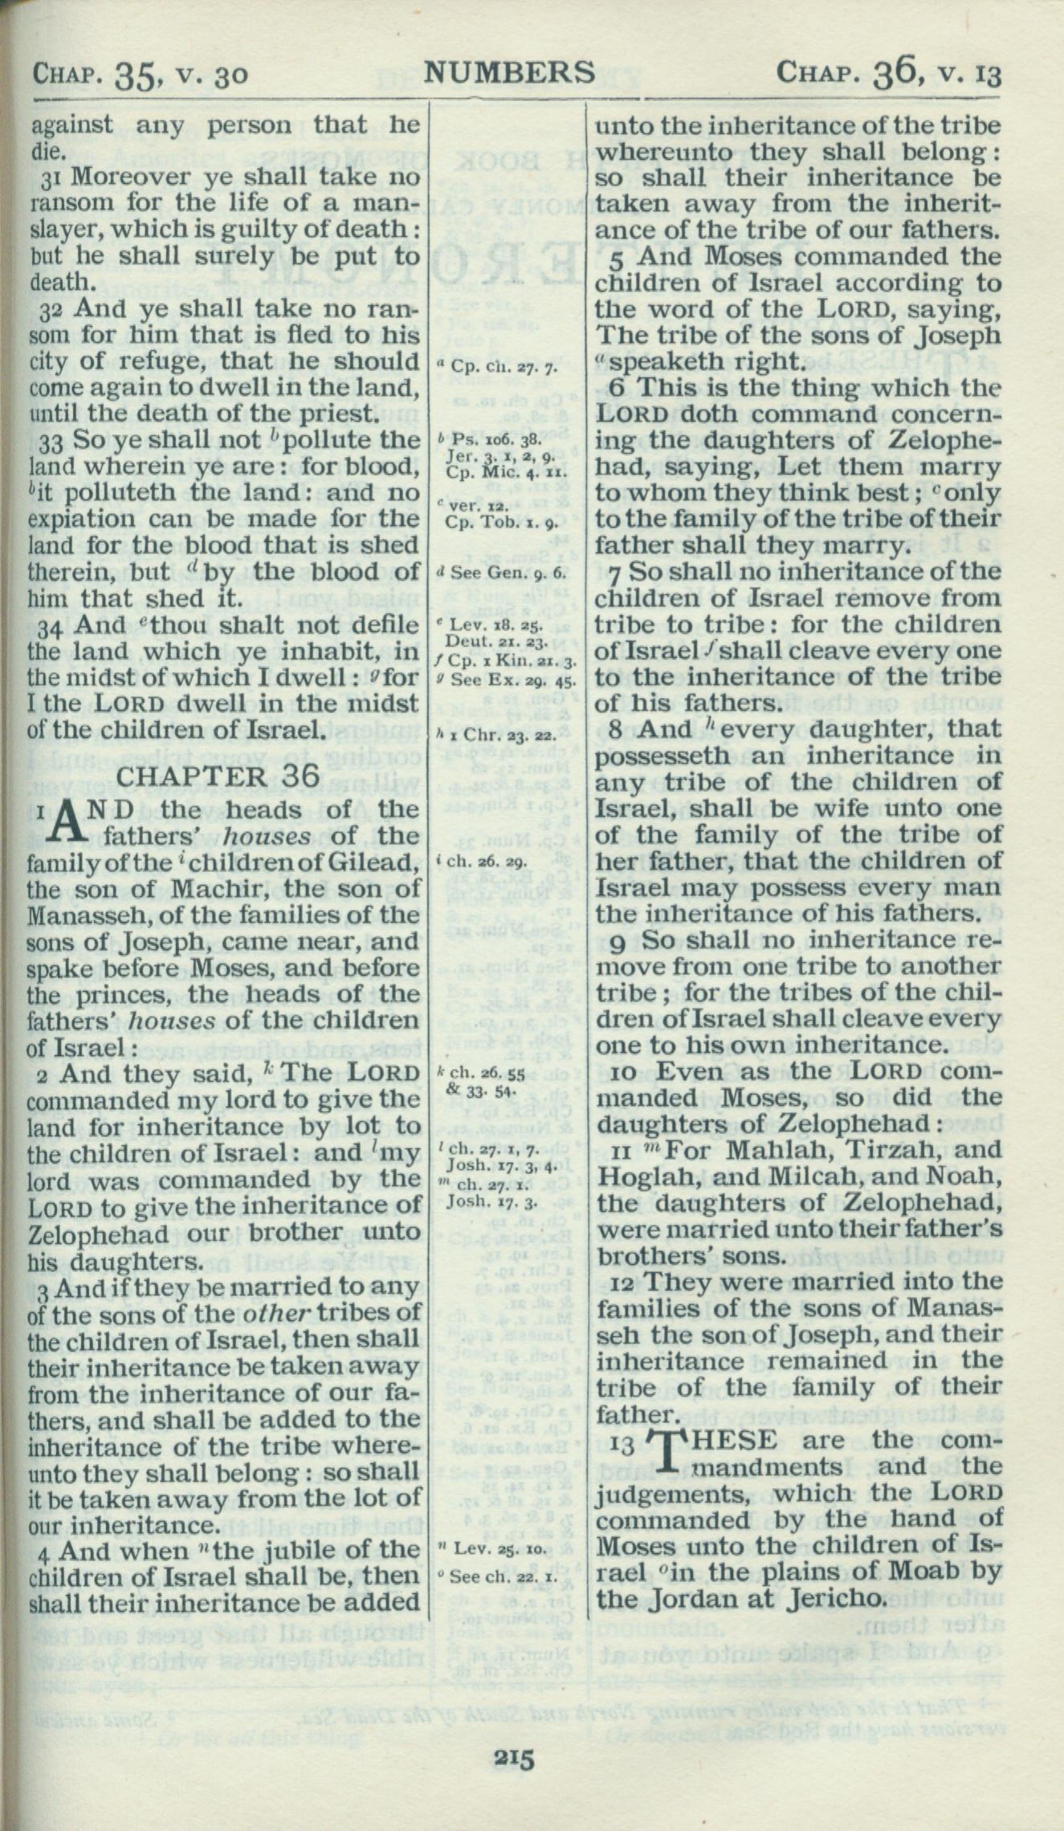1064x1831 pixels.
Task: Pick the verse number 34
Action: coord(43,625)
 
